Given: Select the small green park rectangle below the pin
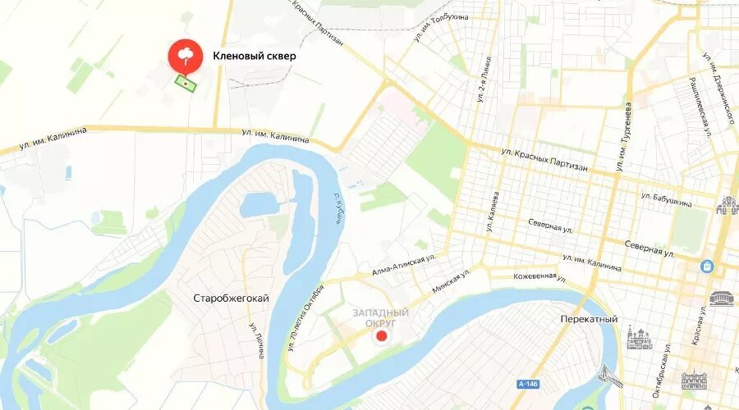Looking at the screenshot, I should click(x=187, y=83).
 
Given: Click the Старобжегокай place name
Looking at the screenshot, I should click(x=231, y=298).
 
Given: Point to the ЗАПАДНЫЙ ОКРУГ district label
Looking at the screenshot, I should click(x=381, y=318).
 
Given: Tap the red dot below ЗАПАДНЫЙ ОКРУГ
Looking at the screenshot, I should click(x=380, y=336).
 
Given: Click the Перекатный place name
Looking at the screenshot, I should click(x=588, y=319).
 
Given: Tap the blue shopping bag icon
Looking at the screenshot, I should click(x=706, y=266).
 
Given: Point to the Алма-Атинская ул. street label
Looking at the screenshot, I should click(x=402, y=266).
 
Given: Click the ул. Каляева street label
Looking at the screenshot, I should click(x=495, y=209).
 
